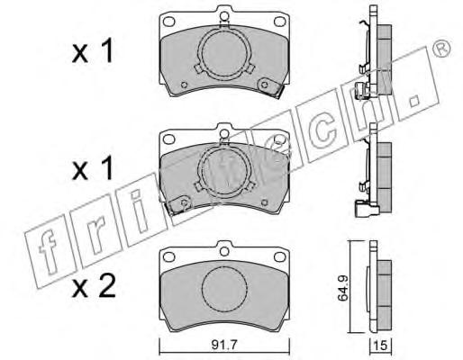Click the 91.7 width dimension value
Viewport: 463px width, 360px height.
[x=224, y=345]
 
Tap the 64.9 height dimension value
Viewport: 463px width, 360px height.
[x=342, y=288]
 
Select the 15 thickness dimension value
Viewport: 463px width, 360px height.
[x=380, y=346]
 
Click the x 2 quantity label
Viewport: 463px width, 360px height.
[x=94, y=286]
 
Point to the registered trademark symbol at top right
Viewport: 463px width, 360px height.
[x=442, y=48]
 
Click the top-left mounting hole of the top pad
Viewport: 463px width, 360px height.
[x=168, y=22]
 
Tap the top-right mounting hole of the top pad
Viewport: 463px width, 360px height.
[x=280, y=22]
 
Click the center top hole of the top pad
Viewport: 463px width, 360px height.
[x=224, y=16]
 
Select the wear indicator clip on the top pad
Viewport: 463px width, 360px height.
[x=270, y=87]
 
